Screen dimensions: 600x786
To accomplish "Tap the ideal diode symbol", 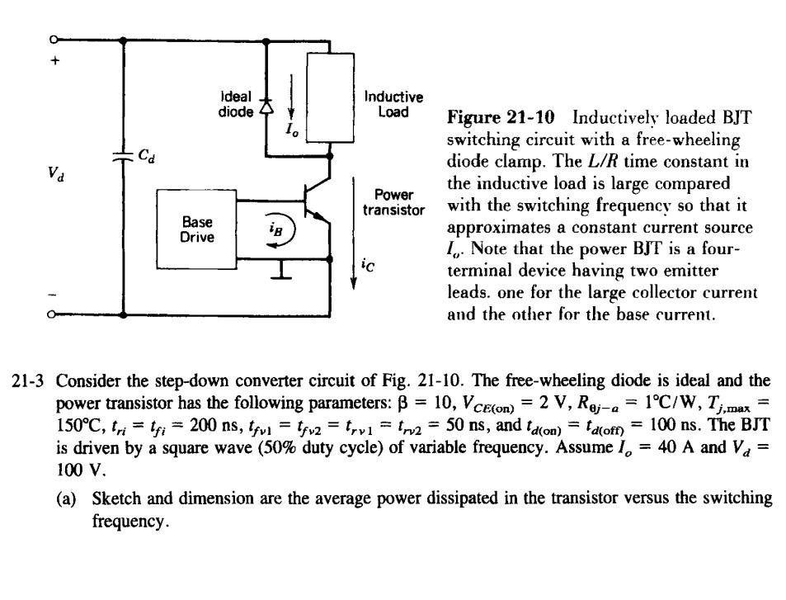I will pos(265,106).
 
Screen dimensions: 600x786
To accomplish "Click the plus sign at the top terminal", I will pos(55,59).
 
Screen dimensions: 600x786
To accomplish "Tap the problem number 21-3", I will pos(35,381).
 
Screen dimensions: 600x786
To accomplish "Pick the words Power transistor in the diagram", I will pos(393,202).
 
